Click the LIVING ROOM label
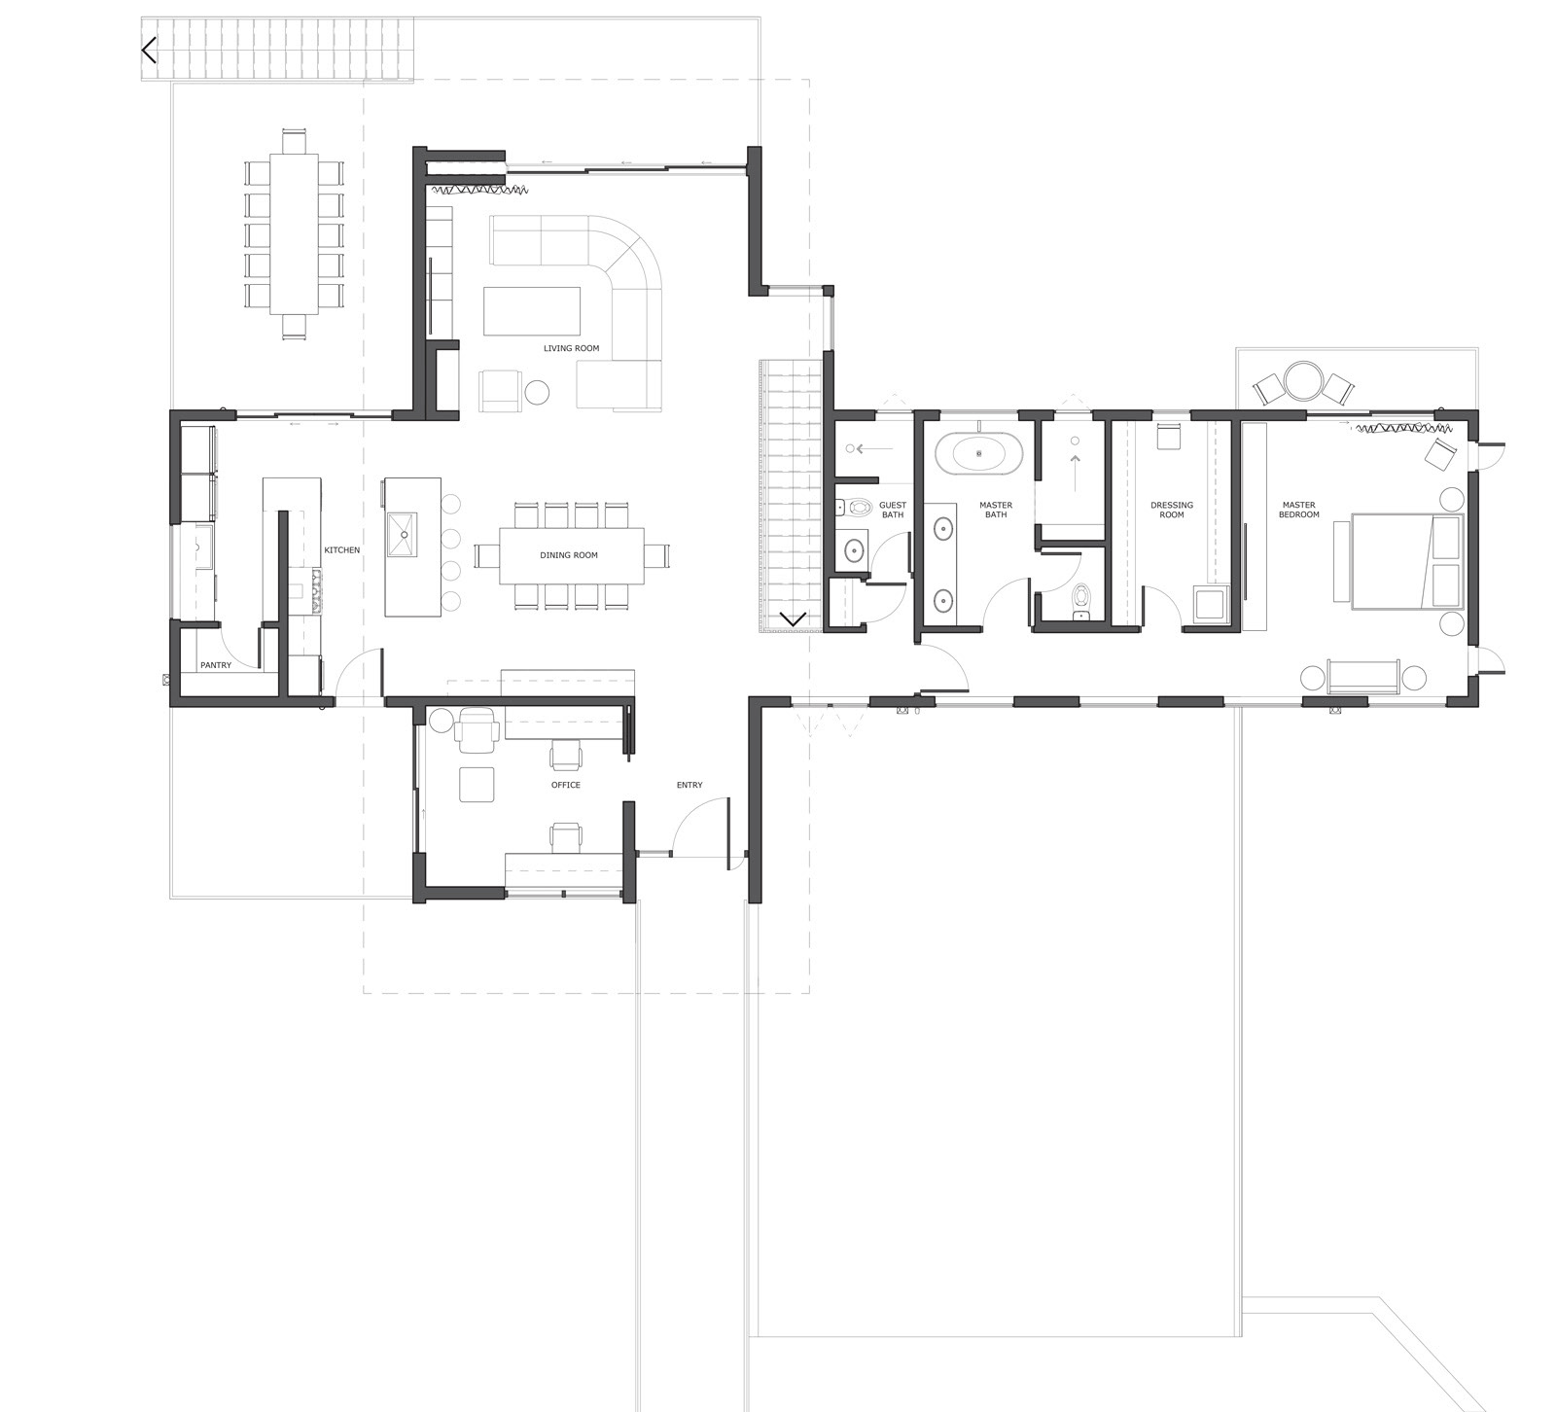click(571, 348)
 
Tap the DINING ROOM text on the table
click(569, 555)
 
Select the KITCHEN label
click(341, 550)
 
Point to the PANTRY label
click(216, 665)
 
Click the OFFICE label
click(565, 785)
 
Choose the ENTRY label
click(690, 785)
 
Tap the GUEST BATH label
click(892, 510)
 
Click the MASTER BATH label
click(996, 510)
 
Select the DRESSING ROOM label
click(1171, 510)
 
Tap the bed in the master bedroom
click(1407, 562)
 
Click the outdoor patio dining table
click(294, 234)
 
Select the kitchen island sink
click(401, 535)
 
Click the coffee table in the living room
click(531, 311)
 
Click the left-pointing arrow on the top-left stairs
click(149, 51)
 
